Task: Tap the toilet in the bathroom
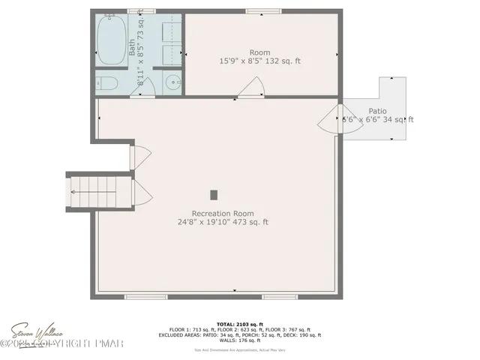(104, 83)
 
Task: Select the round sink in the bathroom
(174, 82)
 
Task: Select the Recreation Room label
(223, 213)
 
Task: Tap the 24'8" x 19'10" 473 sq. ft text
(223, 222)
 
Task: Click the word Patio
(378, 110)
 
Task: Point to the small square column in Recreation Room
(214, 194)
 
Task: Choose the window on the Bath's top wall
(136, 10)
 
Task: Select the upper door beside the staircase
(139, 157)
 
